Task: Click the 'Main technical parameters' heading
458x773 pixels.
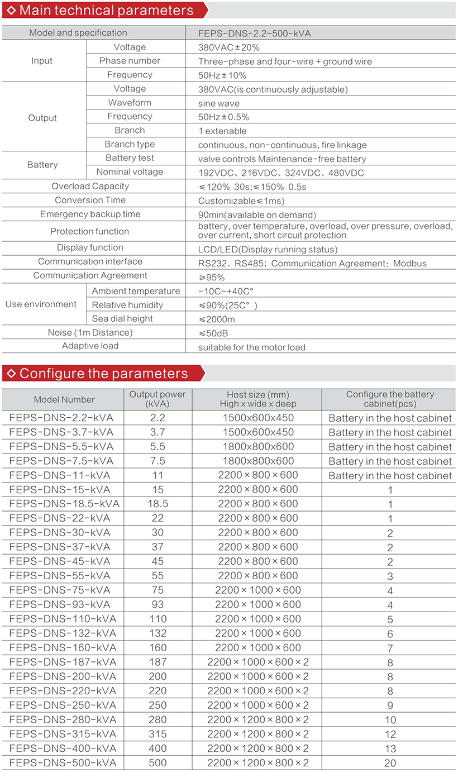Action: click(x=106, y=10)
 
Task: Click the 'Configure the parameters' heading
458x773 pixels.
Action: click(x=104, y=373)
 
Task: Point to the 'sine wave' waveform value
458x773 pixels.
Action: click(x=219, y=103)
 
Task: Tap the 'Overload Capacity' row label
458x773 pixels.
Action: click(x=90, y=187)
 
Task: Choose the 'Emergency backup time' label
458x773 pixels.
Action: click(x=90, y=214)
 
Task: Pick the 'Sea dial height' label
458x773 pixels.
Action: click(x=122, y=319)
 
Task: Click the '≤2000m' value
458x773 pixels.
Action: click(x=217, y=319)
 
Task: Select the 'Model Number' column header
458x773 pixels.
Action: click(x=64, y=399)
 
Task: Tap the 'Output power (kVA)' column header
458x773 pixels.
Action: click(x=158, y=399)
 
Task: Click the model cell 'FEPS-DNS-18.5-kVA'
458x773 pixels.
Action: click(x=64, y=504)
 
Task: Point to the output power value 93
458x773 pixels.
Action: click(x=158, y=605)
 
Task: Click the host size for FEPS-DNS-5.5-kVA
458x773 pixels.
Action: click(x=258, y=446)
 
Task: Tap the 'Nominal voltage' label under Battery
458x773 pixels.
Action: click(x=130, y=172)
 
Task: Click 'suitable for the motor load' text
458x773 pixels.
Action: click(x=252, y=347)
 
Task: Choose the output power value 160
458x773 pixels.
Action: click(x=158, y=648)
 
